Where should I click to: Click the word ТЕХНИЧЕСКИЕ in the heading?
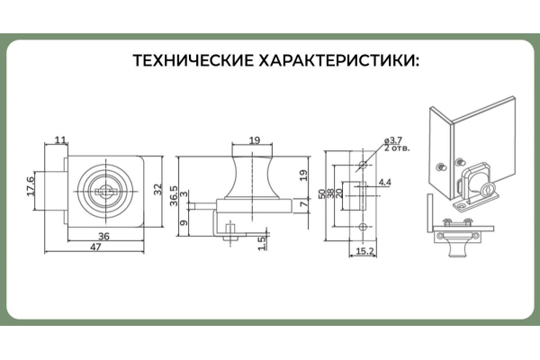190,62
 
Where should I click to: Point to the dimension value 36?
104,237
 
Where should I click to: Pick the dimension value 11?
60,139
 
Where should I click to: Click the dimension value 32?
158,190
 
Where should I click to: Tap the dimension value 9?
184,222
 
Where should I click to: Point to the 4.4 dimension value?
384,183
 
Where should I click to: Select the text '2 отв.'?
396,149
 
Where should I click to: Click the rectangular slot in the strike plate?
364,193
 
